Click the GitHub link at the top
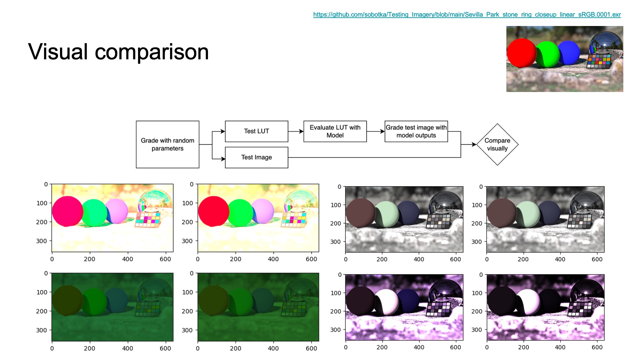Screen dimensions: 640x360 467,15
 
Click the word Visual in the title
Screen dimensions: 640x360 58,52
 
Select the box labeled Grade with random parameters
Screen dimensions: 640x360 168,144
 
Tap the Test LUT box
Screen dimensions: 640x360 257,131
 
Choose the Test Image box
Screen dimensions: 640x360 257,157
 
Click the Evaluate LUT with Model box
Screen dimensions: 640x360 335,131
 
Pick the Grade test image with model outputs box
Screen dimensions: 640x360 416,131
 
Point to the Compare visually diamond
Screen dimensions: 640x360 497,144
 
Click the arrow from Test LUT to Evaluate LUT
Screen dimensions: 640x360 296,131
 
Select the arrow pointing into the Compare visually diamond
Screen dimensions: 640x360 469,144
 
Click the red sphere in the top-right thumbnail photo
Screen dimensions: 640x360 521,53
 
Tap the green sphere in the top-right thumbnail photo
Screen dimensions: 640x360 547,54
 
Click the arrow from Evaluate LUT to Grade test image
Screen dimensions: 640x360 376,131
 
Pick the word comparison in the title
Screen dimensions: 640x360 152,52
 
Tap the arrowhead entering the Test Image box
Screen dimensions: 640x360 223,159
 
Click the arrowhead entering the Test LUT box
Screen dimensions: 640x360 223,131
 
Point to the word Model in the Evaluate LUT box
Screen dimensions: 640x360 335,135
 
